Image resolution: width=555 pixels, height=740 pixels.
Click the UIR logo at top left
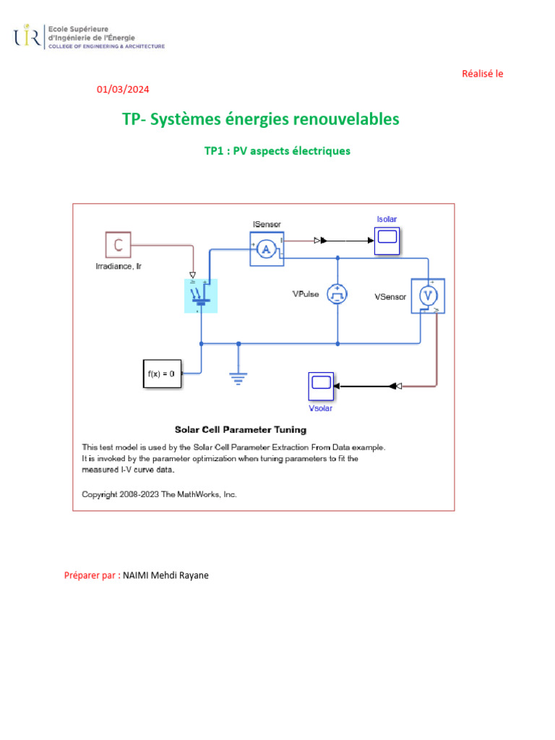click(27, 36)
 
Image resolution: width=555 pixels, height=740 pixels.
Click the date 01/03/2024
click(123, 90)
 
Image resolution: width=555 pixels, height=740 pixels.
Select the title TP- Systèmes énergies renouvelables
click(261, 119)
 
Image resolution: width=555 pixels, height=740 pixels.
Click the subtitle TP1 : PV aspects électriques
click(277, 151)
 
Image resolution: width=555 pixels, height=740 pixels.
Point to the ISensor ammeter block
click(267, 249)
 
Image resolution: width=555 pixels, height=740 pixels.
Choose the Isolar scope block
click(387, 239)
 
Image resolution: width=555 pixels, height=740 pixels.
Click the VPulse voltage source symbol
click(337, 293)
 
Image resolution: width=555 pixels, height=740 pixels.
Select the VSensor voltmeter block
click(428, 296)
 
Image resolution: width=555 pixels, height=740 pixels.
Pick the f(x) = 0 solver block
click(161, 374)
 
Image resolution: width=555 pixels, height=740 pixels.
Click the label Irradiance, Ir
click(119, 267)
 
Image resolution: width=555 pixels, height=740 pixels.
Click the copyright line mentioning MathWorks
click(160, 495)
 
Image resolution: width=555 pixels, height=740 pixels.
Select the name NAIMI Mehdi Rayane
click(166, 576)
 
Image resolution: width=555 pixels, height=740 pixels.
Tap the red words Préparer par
click(91, 576)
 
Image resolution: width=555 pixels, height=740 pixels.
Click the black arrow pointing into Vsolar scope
click(339, 387)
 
